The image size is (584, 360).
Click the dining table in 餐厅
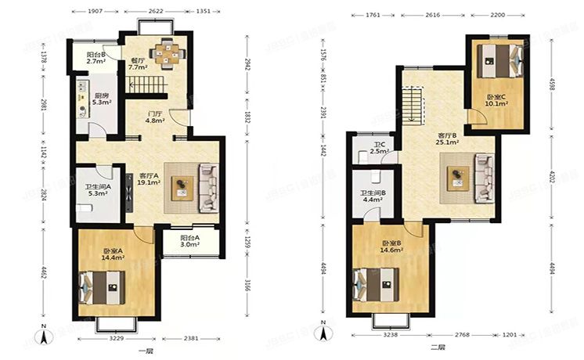point(167,54)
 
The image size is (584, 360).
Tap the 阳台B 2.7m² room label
point(96,57)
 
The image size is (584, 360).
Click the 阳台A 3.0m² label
point(189,241)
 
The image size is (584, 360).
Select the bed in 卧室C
point(498,63)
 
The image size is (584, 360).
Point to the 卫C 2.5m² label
point(379,149)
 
